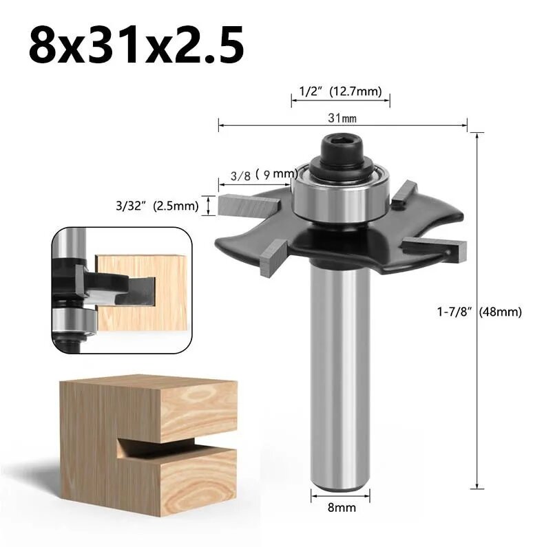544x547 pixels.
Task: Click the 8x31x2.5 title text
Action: (x=136, y=46)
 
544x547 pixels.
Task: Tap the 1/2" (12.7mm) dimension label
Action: (x=340, y=92)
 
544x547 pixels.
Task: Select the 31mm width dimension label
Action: (x=342, y=118)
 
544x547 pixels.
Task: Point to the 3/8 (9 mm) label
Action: (x=264, y=175)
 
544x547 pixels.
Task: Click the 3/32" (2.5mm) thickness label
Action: (x=157, y=206)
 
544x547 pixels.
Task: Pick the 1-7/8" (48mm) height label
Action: (x=479, y=312)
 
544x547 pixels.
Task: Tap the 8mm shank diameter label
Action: (x=342, y=507)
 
